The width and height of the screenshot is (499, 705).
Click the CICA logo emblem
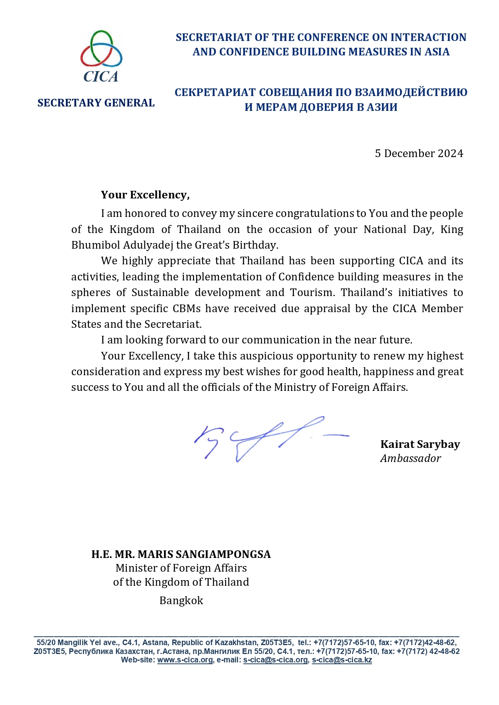pyautogui.click(x=101, y=56)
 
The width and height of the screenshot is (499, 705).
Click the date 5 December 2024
pyautogui.click(x=419, y=153)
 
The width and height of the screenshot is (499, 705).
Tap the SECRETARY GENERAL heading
pyautogui.click(x=96, y=103)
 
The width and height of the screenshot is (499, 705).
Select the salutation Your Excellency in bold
pyautogui.click(x=145, y=195)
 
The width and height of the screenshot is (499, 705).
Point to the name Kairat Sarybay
pyautogui.click(x=420, y=444)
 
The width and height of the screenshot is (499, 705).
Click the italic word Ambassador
pyautogui.click(x=410, y=458)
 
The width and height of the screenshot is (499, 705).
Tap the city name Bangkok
pyautogui.click(x=181, y=601)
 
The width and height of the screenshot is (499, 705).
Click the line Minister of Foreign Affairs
pyautogui.click(x=181, y=568)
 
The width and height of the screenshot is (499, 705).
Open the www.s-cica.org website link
pyautogui.click(x=185, y=660)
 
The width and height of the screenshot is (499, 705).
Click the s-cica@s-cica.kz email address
pyautogui.click(x=342, y=660)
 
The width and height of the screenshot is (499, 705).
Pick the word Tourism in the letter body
pyautogui.click(x=314, y=292)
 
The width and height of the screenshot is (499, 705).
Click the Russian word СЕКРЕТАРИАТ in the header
pyautogui.click(x=215, y=92)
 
